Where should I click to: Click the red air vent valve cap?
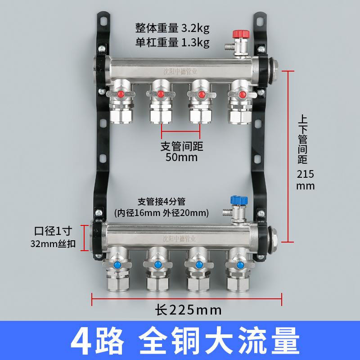[x=238, y=34]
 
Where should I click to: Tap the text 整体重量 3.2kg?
[x=172, y=29]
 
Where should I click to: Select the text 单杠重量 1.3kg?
[x=172, y=43]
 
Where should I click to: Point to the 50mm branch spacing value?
[x=181, y=158]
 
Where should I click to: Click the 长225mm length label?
[x=189, y=310]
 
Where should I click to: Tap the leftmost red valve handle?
[x=121, y=94]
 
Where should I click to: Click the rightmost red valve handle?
[x=242, y=94]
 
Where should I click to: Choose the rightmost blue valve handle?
[x=239, y=265]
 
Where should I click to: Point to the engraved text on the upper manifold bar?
[x=180, y=70]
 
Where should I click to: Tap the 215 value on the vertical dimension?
[x=306, y=174]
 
